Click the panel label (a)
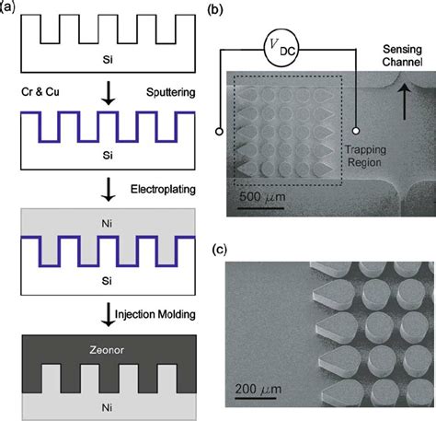click(9, 8)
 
